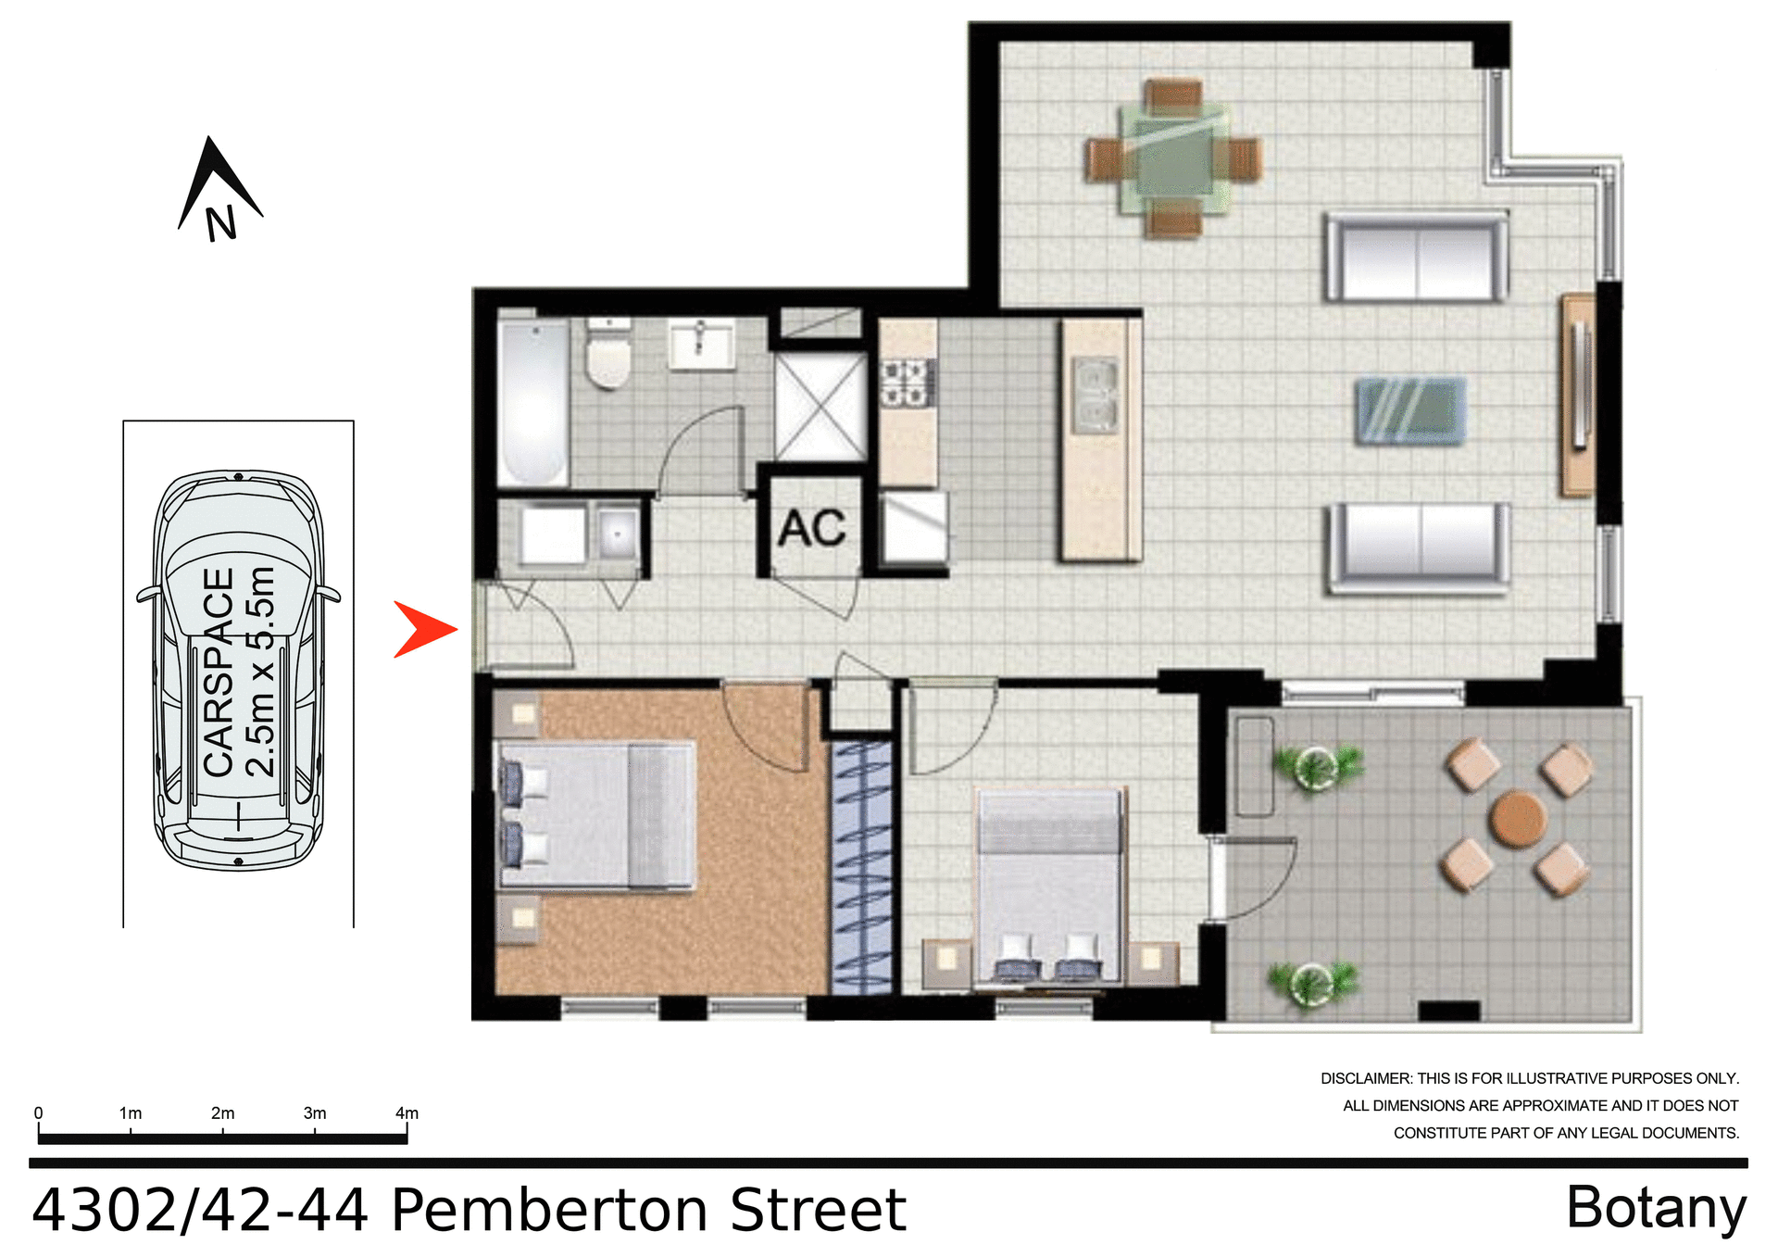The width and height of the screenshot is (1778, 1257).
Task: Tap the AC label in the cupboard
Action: (x=811, y=529)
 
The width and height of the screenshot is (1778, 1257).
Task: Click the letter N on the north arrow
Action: (x=220, y=224)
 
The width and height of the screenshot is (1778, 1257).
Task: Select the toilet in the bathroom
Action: (x=608, y=357)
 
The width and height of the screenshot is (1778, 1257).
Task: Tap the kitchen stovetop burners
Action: (x=905, y=383)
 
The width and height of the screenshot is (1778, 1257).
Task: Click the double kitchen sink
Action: (x=1095, y=396)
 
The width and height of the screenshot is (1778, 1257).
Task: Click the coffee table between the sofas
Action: (x=1410, y=409)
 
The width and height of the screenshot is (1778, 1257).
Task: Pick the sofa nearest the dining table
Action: (x=1415, y=258)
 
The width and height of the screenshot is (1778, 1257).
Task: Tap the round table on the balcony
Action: (x=1517, y=818)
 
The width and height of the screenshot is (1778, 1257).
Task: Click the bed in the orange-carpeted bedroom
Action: (x=597, y=815)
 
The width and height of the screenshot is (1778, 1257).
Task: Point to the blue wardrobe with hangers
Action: (x=862, y=866)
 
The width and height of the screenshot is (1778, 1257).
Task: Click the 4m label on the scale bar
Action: (x=407, y=1112)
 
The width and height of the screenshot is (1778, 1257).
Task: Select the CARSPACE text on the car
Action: (x=219, y=672)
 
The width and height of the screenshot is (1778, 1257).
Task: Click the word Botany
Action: (x=1656, y=1209)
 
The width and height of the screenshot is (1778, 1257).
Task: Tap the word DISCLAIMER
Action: (x=1365, y=1078)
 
